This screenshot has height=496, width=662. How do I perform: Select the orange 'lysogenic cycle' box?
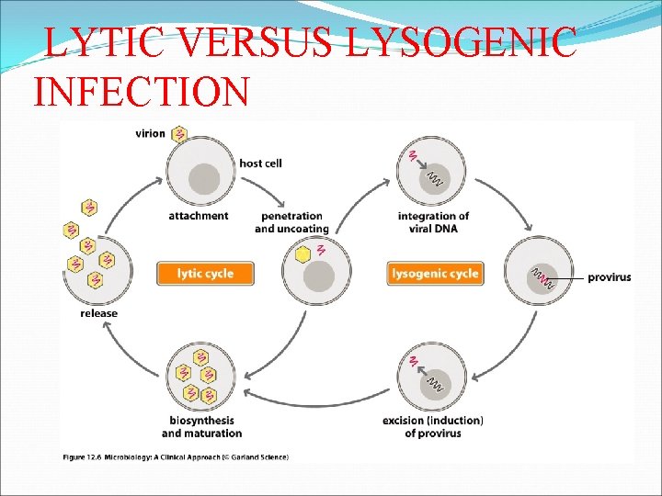[x=435, y=273]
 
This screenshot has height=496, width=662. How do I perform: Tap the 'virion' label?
[x=150, y=133]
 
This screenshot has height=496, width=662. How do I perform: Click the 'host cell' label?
[x=260, y=163]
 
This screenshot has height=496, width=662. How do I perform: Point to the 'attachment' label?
[x=198, y=216]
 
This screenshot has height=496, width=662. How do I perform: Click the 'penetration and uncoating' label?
[x=291, y=222]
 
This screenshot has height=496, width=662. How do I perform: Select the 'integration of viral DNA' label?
[x=434, y=222]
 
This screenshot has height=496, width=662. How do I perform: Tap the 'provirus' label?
[x=609, y=276]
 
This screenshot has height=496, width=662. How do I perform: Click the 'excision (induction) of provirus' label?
[x=433, y=426]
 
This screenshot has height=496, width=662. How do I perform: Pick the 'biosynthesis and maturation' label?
[x=201, y=426]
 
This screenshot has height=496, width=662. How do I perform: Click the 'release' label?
[x=99, y=313]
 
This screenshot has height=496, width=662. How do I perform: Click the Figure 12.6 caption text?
[x=176, y=457]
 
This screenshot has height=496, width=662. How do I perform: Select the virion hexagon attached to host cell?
[x=179, y=135]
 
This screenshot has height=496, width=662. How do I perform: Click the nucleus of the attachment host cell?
[x=203, y=177]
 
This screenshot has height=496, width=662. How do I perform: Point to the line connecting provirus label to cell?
[x=571, y=276]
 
